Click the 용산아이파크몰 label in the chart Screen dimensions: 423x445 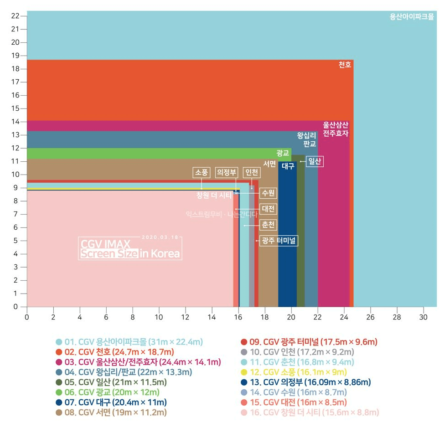click(x=412, y=17)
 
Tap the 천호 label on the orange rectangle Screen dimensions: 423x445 click(x=345, y=65)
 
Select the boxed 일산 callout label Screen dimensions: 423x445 click(x=315, y=161)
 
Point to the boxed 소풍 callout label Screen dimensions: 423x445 click(x=201, y=172)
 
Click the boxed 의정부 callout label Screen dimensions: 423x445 click(x=227, y=172)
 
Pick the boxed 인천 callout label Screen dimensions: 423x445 click(x=251, y=172)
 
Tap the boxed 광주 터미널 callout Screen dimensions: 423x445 click(x=278, y=240)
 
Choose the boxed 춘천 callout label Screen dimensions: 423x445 click(x=268, y=225)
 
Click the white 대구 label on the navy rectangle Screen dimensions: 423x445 click(x=288, y=166)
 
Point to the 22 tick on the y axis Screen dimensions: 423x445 click(x=16, y=15)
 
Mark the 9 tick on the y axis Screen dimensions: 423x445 click(x=16, y=188)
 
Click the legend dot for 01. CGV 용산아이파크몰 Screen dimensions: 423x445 click(x=58, y=342)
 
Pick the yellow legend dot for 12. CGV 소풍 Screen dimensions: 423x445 click(x=244, y=372)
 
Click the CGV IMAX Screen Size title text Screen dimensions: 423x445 click(x=130, y=249)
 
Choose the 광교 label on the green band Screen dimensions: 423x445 click(x=283, y=153)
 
